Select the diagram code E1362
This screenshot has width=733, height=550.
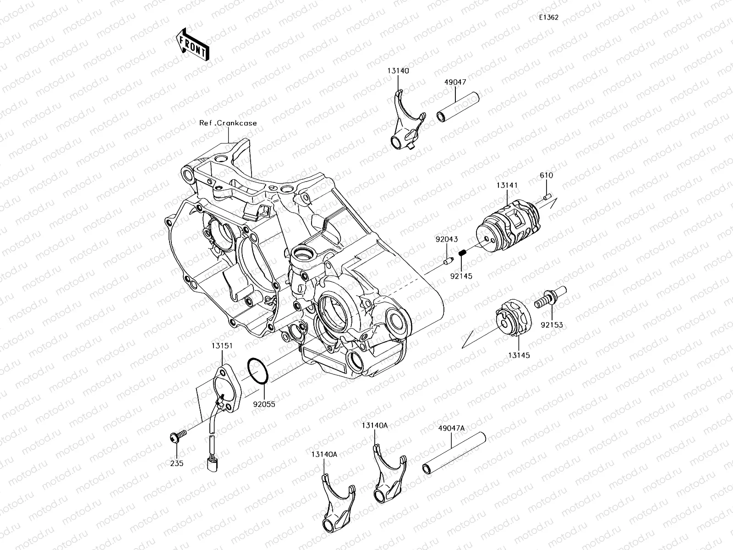(x=548, y=17)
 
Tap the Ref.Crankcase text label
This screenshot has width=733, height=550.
(x=228, y=123)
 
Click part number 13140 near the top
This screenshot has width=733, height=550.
(x=398, y=71)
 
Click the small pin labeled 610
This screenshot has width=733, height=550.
(x=547, y=197)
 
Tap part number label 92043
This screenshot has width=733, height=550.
(x=446, y=240)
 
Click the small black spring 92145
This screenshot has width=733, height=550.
(x=462, y=253)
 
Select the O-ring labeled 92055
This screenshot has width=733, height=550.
(x=258, y=370)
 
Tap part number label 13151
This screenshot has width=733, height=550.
(x=221, y=346)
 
